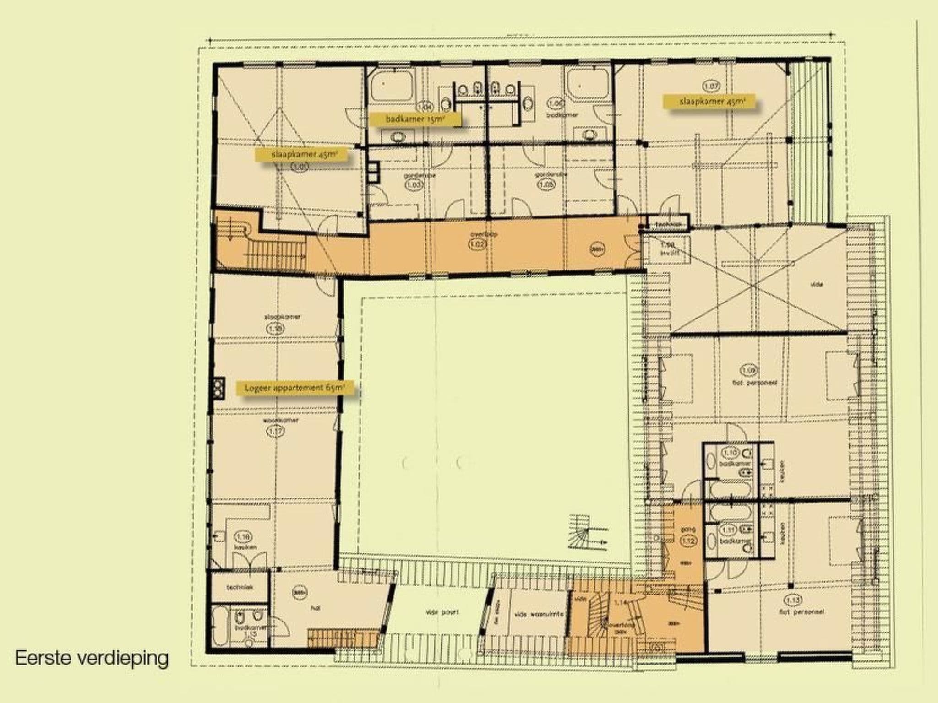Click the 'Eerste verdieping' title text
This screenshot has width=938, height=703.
92,658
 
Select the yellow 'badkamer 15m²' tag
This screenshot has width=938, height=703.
415,119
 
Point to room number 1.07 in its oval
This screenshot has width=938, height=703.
711,86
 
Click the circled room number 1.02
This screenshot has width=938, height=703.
477,244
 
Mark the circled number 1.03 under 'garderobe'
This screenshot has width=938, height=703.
414,185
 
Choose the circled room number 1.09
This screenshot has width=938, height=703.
749,370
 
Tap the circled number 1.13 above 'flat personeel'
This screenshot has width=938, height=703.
793,600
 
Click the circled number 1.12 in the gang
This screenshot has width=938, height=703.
688,541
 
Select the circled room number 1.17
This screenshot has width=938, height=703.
275,431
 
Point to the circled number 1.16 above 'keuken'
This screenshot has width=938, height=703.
243,536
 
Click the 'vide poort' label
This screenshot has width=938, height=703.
442,612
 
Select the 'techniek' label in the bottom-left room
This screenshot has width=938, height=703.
240,587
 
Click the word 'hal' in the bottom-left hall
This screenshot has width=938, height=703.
315,608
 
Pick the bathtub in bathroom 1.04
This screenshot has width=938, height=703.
392,86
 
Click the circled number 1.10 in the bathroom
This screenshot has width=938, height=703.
730,453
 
